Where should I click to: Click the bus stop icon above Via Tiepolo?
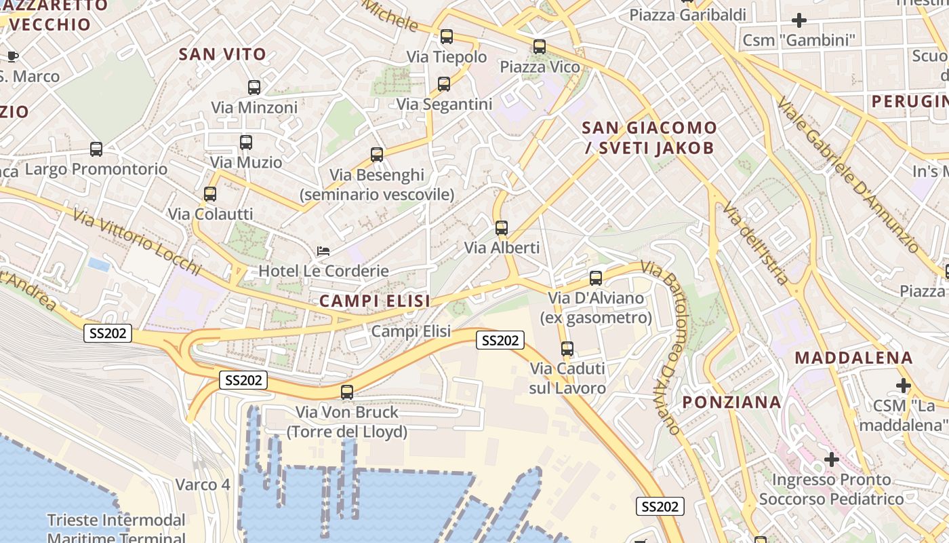pos(446,37)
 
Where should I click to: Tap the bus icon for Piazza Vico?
pos(540,47)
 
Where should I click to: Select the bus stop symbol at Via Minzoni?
pos(254,88)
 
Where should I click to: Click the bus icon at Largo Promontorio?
pos(96,149)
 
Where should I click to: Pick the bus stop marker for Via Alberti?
pos(502,228)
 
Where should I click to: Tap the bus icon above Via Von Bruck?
pos(347,392)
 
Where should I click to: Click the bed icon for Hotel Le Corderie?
pos(323,252)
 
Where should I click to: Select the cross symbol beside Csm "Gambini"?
pos(799,20)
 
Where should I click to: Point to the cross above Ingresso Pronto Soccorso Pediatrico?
pos(832,460)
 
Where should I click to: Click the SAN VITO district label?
pos(222,54)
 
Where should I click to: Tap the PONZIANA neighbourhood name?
pos(731,402)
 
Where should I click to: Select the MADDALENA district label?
pos(854,358)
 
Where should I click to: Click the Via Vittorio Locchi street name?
pos(138,242)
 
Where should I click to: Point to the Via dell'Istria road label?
pos(755,242)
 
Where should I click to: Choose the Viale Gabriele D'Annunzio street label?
pos(847,174)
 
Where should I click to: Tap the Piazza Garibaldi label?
pos(687,15)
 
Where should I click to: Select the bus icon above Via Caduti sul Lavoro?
pos(567,350)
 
